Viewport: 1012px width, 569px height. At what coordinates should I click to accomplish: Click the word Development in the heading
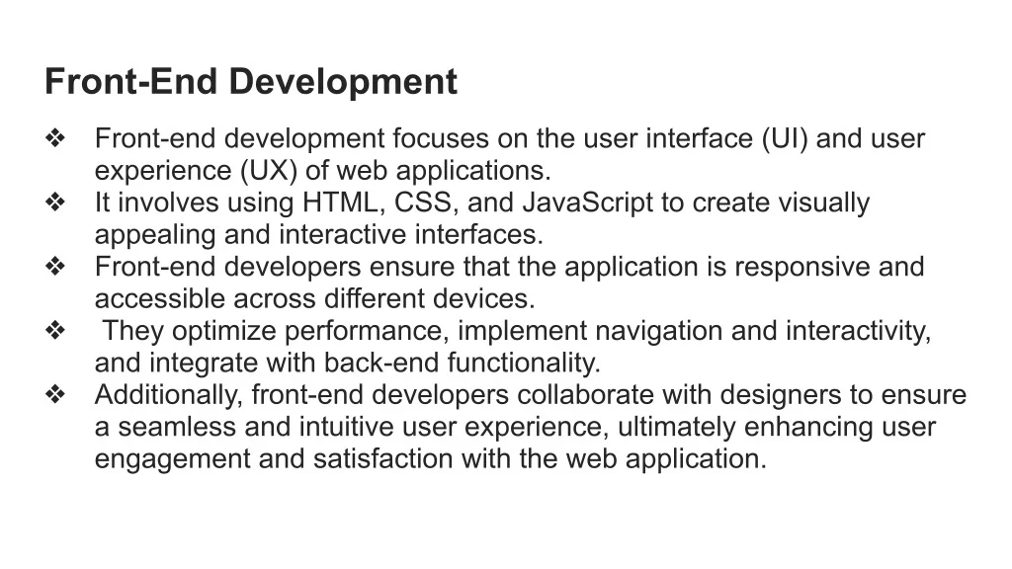(343, 83)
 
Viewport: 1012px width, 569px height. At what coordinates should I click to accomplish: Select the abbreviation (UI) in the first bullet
(784, 139)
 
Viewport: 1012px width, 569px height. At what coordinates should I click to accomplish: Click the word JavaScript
(587, 203)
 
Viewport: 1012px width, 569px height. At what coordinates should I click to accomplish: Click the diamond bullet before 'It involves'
(55, 203)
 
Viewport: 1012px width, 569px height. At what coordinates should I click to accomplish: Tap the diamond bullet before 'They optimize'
(55, 331)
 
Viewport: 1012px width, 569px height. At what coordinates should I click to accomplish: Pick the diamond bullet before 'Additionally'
(55, 395)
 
